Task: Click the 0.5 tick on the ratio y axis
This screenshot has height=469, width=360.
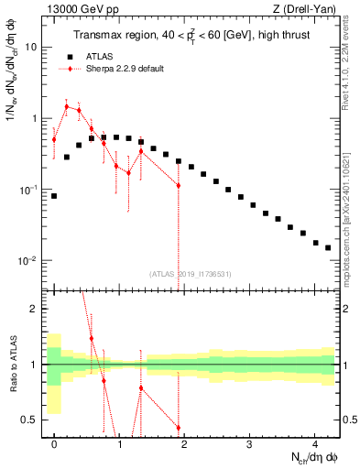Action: (x=32, y=420)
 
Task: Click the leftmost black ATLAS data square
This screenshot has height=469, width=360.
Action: (x=54, y=196)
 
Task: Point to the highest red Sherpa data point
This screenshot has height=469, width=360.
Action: (x=66, y=106)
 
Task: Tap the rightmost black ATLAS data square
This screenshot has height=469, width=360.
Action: (x=328, y=247)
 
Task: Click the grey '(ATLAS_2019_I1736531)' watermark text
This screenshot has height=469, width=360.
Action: (x=191, y=273)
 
